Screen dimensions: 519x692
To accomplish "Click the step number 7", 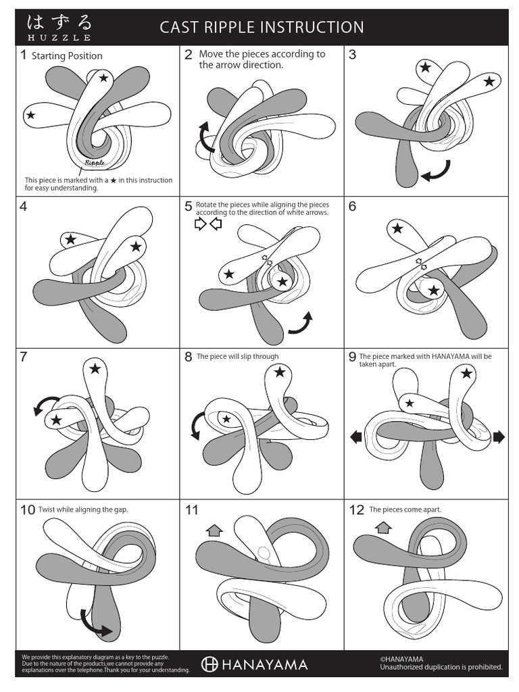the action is click(24, 357).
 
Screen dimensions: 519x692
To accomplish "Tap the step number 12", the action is click(356, 510).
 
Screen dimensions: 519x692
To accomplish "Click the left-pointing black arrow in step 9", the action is click(356, 437).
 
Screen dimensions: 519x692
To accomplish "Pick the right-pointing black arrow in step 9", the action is click(499, 437).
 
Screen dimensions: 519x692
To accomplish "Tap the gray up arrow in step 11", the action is click(215, 530).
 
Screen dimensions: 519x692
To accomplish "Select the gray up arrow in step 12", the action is click(383, 527).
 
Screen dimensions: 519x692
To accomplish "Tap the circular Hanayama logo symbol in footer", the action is click(209, 665).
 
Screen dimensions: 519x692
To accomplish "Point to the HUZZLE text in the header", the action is click(59, 38).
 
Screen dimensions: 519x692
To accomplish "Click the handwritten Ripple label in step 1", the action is click(95, 162).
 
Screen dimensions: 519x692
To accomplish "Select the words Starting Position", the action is click(67, 56).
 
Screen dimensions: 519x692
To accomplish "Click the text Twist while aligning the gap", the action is click(83, 510).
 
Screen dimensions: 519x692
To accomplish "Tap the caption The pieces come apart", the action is click(405, 510).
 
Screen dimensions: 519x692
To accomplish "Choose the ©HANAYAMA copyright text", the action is click(401, 660).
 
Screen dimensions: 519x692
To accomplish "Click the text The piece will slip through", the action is click(237, 357).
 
